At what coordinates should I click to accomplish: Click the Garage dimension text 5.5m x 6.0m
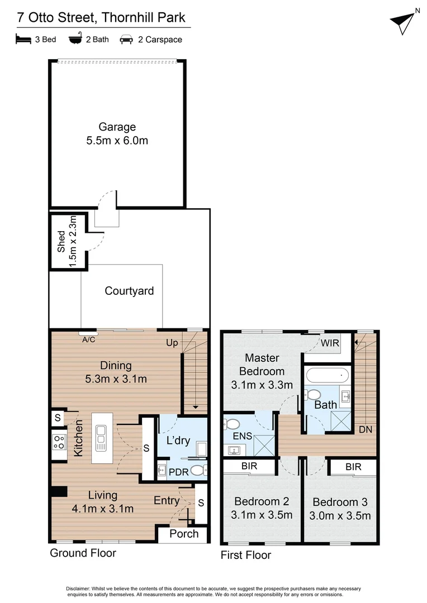coord(117,141)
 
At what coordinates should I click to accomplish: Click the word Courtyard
coord(129,291)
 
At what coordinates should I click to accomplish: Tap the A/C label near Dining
coord(88,338)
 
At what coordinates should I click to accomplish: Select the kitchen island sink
coord(101,437)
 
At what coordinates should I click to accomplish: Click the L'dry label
coord(179,441)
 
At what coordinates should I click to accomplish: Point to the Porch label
coord(184,534)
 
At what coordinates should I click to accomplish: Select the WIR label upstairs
coord(330,343)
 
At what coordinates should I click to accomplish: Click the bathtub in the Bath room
coord(328,375)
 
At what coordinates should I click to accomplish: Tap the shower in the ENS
coord(263,445)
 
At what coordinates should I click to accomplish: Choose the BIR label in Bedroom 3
coord(353,467)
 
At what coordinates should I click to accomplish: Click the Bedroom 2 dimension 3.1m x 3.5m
coord(262,515)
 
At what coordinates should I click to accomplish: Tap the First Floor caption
coord(246,555)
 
